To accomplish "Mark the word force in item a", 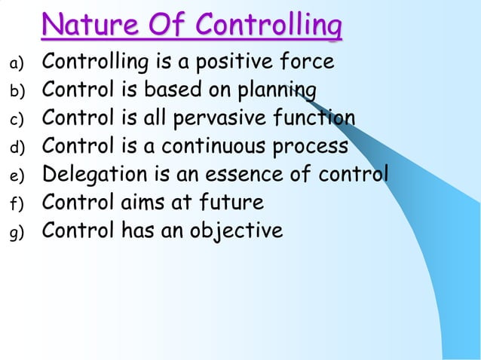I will pos(307,63).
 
